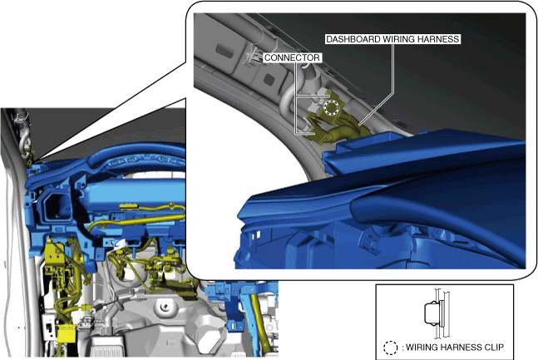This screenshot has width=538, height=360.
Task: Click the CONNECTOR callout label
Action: click(x=292, y=57)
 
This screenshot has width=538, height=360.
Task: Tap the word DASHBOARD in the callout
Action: click(x=353, y=39)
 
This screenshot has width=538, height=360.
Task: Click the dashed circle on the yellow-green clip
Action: click(x=332, y=108)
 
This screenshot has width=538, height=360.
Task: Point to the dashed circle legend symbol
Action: click(x=390, y=348)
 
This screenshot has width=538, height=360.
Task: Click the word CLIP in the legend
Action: click(x=494, y=348)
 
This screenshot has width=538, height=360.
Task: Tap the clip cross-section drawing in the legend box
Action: click(x=437, y=313)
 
